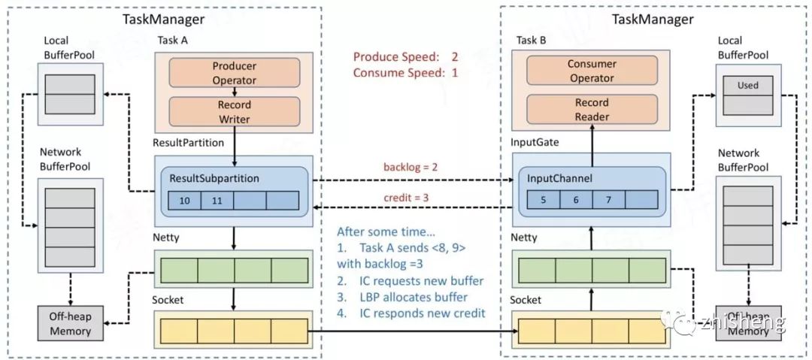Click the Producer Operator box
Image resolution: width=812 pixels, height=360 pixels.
click(x=234, y=73)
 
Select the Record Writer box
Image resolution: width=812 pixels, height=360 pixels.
click(x=234, y=112)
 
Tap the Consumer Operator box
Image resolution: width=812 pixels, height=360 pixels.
click(x=592, y=71)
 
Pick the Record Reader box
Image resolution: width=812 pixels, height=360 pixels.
click(x=592, y=109)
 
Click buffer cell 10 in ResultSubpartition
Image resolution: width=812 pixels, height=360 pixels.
click(x=185, y=201)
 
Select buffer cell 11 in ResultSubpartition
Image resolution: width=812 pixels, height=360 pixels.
click(x=217, y=201)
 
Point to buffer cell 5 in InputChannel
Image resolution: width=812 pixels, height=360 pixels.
click(x=544, y=199)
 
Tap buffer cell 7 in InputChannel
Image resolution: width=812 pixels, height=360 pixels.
click(x=608, y=199)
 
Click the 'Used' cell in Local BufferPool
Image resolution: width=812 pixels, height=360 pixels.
click(x=748, y=86)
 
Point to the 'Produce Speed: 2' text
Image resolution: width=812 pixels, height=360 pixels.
click(x=405, y=56)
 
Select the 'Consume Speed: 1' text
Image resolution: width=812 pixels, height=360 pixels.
click(x=405, y=72)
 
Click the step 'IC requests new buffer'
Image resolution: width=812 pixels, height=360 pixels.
click(x=411, y=281)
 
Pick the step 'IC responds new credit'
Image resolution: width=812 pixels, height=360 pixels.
click(x=411, y=313)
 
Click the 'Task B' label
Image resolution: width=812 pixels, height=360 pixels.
click(x=531, y=41)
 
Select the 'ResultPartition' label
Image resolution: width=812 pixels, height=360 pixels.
click(x=189, y=143)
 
